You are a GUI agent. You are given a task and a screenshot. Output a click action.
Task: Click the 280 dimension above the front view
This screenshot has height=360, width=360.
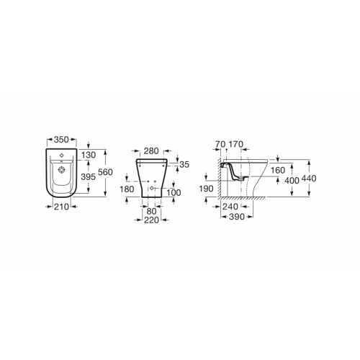[x=150, y=151]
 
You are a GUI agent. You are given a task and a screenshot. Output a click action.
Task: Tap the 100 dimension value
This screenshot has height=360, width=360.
[x=174, y=192]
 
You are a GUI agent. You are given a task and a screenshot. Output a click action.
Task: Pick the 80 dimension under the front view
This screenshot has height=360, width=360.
[x=151, y=212]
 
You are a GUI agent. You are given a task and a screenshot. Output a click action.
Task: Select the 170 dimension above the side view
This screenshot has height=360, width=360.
[x=235, y=144]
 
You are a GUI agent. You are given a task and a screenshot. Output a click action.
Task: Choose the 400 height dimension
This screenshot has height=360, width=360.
[x=292, y=179]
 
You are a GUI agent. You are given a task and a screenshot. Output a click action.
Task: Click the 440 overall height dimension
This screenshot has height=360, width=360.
[x=310, y=178]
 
